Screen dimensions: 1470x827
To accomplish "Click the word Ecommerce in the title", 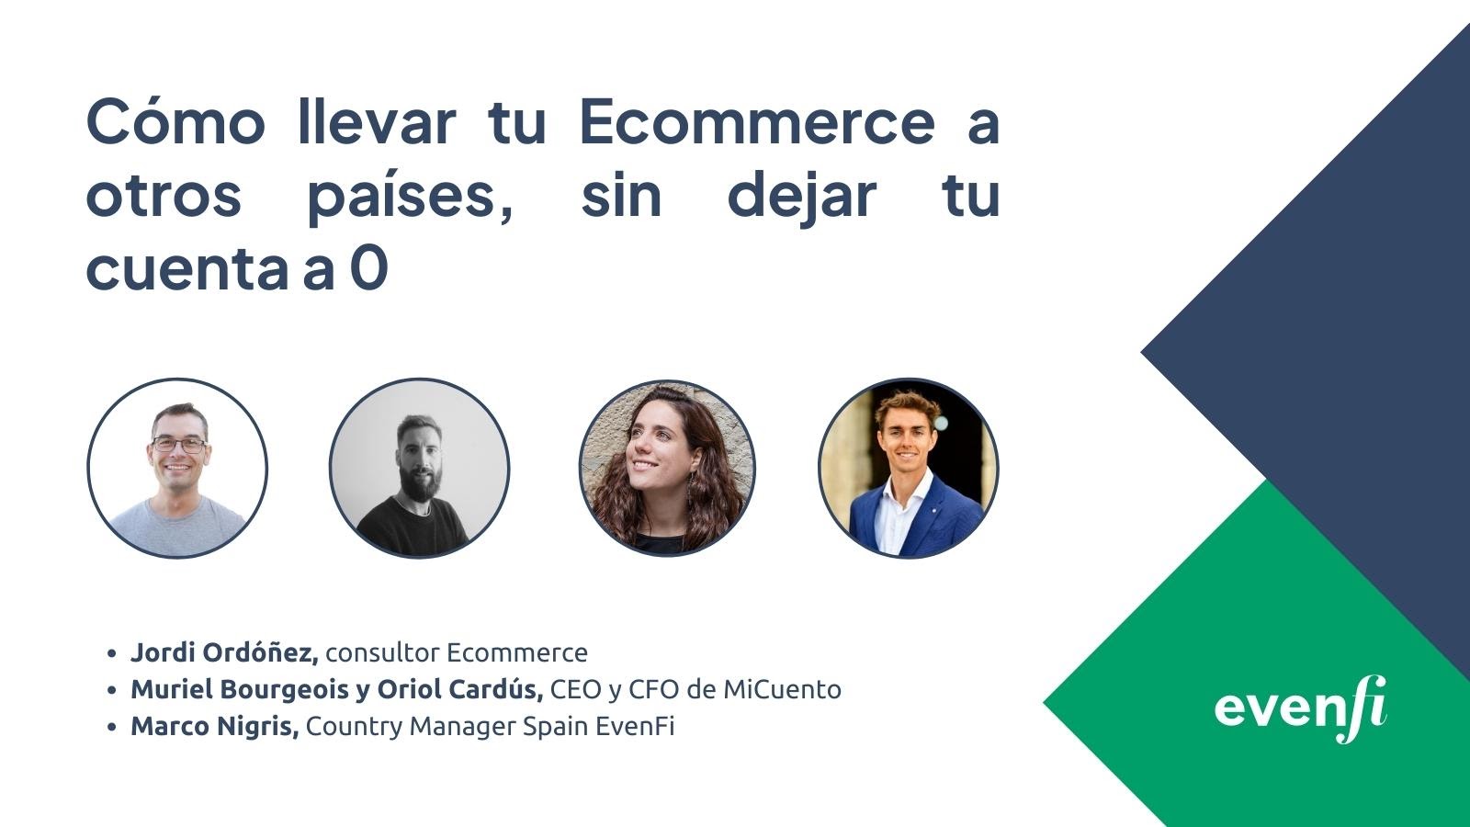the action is [757, 122].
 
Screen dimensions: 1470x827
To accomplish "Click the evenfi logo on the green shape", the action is [1300, 708].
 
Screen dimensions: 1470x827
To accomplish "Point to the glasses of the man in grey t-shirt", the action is [178, 445].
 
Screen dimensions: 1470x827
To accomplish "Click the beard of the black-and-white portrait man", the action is [420, 482].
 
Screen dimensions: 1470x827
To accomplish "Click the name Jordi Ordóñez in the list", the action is [224, 652].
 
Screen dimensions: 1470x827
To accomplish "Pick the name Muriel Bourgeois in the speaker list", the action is [240, 689].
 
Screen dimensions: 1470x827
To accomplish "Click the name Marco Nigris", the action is [215, 726].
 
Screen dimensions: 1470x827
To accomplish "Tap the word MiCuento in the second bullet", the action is [782, 689].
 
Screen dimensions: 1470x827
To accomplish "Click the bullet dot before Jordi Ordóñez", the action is [111, 653].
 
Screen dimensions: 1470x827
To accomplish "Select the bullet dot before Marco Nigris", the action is [111, 727].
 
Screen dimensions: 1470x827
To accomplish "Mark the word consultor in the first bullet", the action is [382, 652].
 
